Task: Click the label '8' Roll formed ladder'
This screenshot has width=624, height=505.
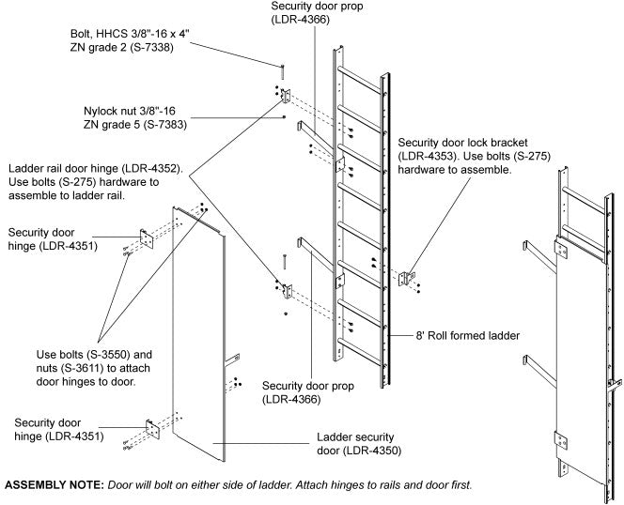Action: point(468,336)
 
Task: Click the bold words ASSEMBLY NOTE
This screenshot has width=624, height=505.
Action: point(55,485)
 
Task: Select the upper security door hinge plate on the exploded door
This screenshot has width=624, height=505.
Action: point(147,239)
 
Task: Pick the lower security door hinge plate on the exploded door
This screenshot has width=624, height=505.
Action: point(153,430)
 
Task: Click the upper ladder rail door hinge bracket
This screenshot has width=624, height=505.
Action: point(286,96)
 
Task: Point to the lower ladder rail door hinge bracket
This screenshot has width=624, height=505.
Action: point(288,291)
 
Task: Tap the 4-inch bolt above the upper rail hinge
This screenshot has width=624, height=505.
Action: point(283,72)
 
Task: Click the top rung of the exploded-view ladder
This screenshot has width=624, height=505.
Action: point(359,80)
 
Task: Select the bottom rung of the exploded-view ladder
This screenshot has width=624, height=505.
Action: point(359,351)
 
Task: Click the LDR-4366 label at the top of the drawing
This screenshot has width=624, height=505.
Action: point(301,20)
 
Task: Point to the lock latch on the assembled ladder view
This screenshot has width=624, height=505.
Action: point(615,385)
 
